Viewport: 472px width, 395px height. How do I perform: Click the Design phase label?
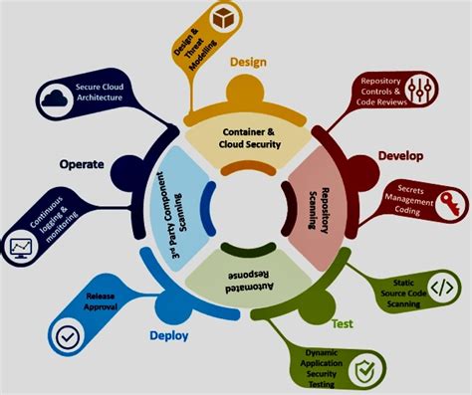(250, 63)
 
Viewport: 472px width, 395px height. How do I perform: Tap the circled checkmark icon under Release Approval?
(70, 336)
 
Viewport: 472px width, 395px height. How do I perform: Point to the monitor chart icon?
(20, 246)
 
